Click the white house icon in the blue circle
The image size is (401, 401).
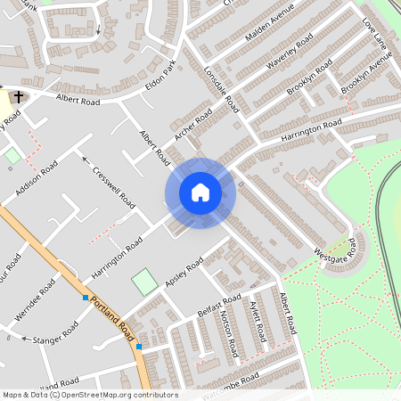(200, 192)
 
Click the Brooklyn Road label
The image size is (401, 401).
(310, 80)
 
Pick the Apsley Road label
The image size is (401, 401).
(184, 273)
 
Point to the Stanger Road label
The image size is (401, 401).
(55, 334)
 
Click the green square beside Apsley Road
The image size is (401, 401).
(143, 282)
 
